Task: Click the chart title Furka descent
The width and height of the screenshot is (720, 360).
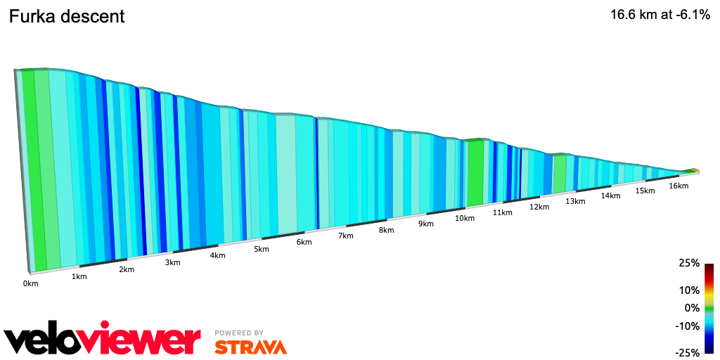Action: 67,16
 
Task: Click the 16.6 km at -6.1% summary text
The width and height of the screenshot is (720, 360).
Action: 660,15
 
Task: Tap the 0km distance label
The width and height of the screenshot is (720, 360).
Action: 30,283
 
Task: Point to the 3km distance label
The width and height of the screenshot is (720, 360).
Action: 172,262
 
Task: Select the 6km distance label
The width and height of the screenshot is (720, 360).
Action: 304,242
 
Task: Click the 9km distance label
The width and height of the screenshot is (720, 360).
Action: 425,224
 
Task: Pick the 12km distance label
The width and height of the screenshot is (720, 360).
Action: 539,207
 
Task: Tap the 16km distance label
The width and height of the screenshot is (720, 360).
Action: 679,186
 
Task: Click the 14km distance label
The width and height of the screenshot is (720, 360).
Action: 610,195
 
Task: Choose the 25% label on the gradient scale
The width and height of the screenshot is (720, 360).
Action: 689,263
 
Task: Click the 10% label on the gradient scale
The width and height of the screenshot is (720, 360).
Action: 689,290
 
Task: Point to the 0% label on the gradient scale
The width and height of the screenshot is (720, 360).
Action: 692,308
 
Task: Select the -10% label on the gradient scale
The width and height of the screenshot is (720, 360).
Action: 688,326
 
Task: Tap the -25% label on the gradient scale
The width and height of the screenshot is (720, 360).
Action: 688,352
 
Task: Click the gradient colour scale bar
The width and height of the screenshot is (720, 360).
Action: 709,308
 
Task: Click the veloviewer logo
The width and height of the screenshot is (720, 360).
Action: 103,340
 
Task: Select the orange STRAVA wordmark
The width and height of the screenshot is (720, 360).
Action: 250,347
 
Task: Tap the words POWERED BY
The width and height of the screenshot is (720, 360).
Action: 239,333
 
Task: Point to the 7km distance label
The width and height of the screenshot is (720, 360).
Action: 345,236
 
